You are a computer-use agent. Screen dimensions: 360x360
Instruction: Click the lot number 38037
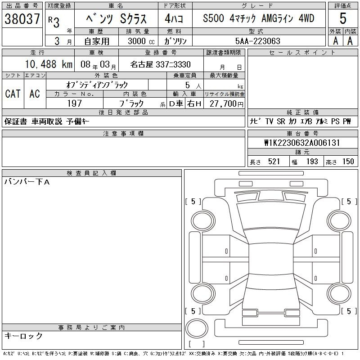click(x=22, y=18)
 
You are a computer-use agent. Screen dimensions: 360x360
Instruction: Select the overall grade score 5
click(x=343, y=18)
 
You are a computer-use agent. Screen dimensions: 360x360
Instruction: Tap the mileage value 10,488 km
click(x=49, y=64)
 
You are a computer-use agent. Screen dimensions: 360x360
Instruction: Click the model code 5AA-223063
click(x=257, y=41)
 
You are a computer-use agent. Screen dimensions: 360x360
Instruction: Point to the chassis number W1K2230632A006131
click(x=302, y=143)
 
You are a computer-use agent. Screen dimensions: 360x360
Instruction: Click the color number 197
click(x=74, y=103)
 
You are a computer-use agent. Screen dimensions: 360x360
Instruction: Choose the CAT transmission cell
click(x=13, y=94)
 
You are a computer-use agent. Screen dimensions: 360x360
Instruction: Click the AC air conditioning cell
click(x=35, y=94)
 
